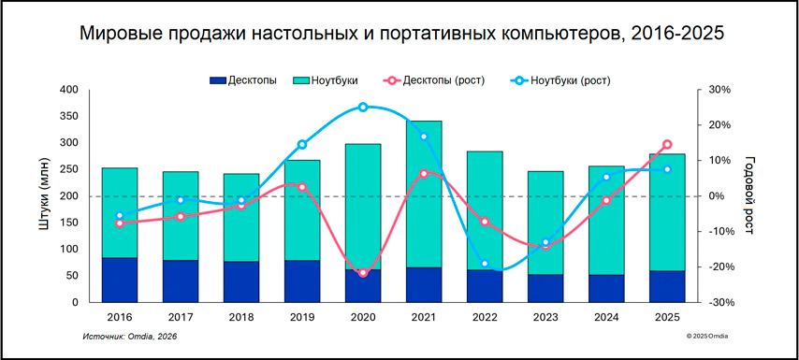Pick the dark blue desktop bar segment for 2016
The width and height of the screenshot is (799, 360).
pyautogui.click(x=119, y=280)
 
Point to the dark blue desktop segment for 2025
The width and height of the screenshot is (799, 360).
pyautogui.click(x=667, y=286)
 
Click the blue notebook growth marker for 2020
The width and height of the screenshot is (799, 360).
pyautogui.click(x=363, y=108)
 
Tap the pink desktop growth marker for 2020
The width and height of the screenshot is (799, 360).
pyautogui.click(x=363, y=272)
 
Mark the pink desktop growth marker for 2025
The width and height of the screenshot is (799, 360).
pyautogui.click(x=667, y=145)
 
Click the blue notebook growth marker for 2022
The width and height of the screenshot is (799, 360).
pyautogui.click(x=485, y=264)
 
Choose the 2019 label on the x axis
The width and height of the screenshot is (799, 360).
pyautogui.click(x=301, y=318)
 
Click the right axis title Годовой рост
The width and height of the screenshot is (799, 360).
pyautogui.click(x=748, y=195)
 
